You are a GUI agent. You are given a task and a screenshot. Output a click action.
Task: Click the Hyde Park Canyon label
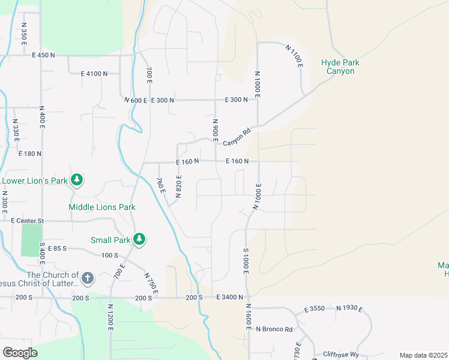tap(340, 67)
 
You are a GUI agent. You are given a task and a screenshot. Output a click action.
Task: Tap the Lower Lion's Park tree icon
tap(76, 179)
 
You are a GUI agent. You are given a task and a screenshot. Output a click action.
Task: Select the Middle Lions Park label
tap(102, 207)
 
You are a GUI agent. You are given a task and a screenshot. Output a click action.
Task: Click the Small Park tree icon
tap(139, 239)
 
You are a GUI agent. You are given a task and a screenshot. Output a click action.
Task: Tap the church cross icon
tap(88, 278)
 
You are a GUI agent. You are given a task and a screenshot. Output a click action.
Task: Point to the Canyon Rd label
tap(236, 139)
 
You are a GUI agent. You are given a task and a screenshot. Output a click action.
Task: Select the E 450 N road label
tap(43, 55)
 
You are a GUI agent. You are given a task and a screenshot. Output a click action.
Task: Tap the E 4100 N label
tap(94, 73)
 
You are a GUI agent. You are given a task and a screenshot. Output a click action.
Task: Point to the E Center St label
tap(28, 221)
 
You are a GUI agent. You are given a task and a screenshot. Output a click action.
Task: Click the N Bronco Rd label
tap(274, 329)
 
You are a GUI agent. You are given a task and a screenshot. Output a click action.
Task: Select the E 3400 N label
tap(226, 298)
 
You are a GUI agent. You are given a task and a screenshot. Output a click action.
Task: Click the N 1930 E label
tap(349, 308)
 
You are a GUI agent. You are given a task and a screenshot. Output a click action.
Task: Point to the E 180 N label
tap(29, 154)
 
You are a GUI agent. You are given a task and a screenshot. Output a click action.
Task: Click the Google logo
tap(20, 353)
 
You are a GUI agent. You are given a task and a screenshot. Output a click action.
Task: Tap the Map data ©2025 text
tap(423, 355)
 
